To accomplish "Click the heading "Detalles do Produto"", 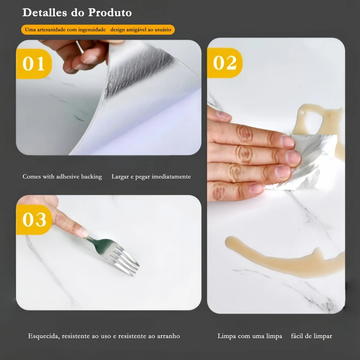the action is click(77, 13).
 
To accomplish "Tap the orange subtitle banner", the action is click(98, 30).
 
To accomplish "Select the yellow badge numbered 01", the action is click(34, 64).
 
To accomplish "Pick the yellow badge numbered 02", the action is click(225, 63).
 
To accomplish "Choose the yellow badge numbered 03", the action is click(34, 220).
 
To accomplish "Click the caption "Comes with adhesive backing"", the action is click(62, 176).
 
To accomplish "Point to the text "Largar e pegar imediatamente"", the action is click(151, 176).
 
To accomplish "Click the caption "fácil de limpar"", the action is click(311, 336).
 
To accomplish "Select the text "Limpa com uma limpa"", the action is click(250, 336).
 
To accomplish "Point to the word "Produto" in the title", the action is click(110, 13).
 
